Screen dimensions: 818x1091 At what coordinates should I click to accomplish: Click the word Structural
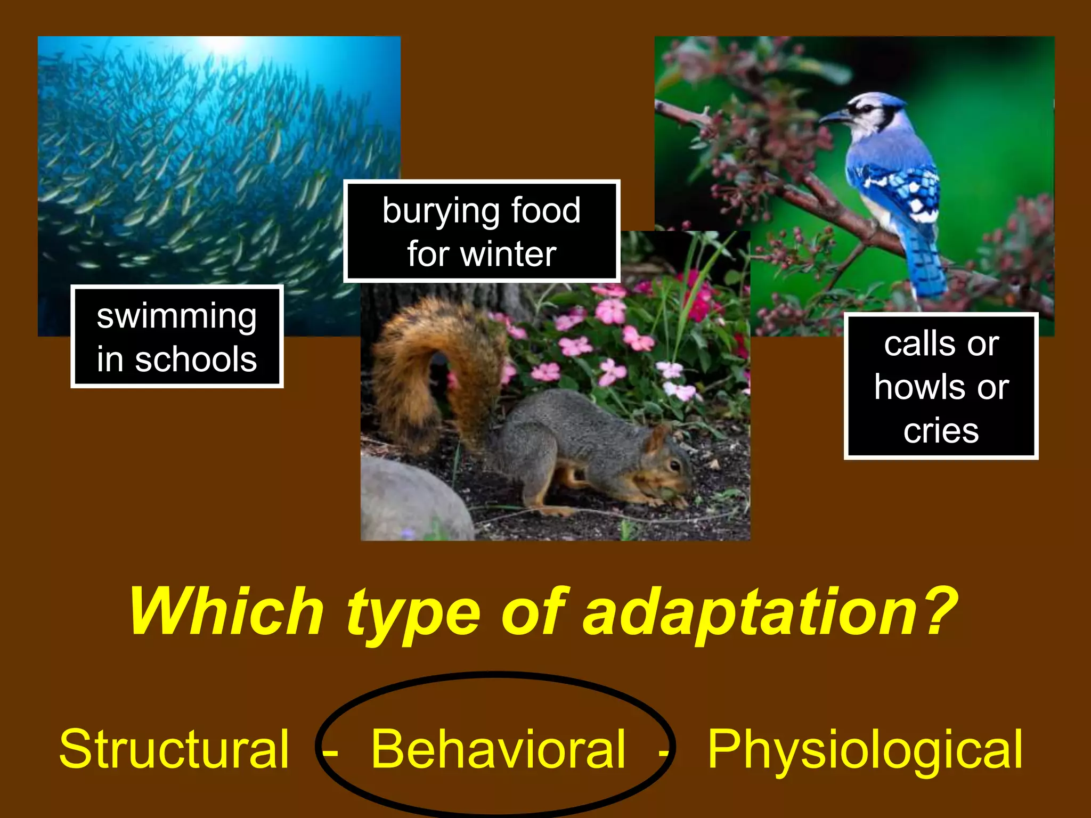tap(174, 750)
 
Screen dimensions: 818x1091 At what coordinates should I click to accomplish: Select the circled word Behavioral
tap(498, 750)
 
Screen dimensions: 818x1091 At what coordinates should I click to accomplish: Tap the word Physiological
tap(864, 750)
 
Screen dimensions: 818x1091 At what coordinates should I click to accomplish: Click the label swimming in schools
tap(177, 337)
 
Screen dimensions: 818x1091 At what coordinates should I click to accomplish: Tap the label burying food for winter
tap(482, 231)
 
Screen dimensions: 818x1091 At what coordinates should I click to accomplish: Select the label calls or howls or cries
tap(941, 387)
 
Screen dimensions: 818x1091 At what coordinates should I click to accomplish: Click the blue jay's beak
tap(833, 116)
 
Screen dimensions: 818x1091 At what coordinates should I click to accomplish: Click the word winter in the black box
tap(508, 254)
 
